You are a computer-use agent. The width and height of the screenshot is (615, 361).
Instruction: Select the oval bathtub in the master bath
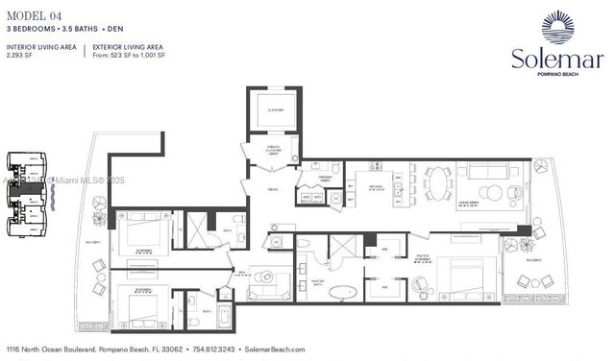pyautogui.click(x=343, y=291)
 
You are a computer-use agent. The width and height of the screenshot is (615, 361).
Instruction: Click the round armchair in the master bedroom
pyautogui.click(x=420, y=284)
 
